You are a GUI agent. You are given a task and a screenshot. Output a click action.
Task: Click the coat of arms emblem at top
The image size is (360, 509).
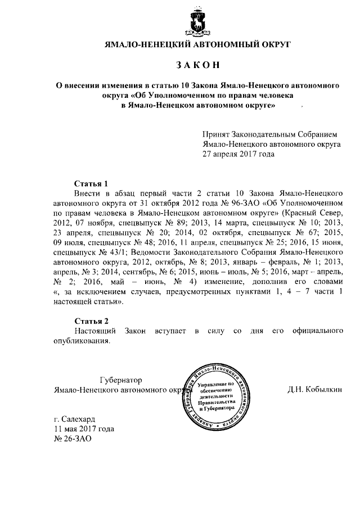198,23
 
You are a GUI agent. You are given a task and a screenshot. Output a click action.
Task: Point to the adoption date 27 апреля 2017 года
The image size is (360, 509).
238,154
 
